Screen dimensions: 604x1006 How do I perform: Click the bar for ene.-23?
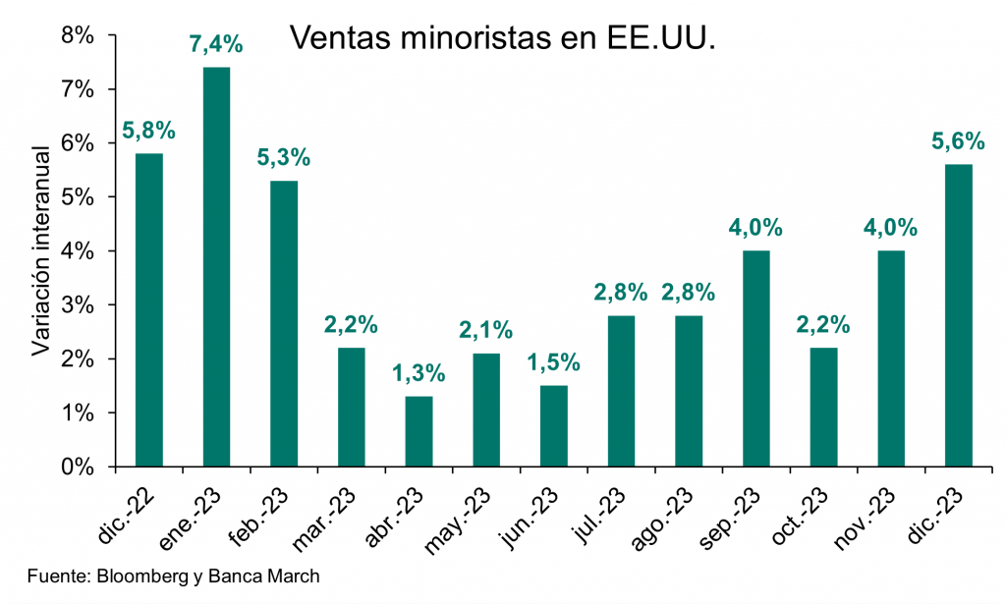216,266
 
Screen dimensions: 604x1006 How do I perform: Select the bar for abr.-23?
419,431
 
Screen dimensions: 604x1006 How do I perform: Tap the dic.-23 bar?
958,315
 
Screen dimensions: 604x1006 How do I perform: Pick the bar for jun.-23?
554,426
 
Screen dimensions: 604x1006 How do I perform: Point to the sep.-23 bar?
756,358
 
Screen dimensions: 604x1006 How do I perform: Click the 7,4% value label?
216,45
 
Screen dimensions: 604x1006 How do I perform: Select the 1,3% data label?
419,374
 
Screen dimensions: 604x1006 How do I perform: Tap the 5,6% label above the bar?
958,142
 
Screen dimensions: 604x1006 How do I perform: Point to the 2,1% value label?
486,331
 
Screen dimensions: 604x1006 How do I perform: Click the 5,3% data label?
284,158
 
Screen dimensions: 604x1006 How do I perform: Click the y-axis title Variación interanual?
41,250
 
